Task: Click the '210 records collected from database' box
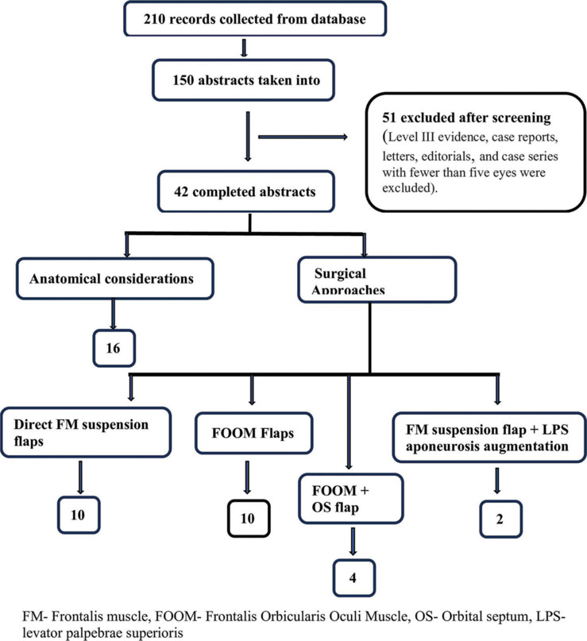pos(255,19)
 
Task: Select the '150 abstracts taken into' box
pos(244,80)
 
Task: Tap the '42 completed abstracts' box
pos(246,191)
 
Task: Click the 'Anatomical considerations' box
pos(115,278)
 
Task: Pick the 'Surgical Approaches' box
pos(377,280)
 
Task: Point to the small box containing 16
pos(114,348)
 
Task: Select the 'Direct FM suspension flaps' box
pos(86,432)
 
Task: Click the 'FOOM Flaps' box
pos(254,434)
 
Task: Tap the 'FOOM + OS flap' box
pos(351,499)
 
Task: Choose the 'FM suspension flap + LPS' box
pos(489,438)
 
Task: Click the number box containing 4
pos(354,577)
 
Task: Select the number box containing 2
pos(500,519)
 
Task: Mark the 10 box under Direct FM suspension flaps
pos(79,515)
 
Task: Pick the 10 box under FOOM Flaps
pos(249,518)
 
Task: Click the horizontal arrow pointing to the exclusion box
pos(303,137)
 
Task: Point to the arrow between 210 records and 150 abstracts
pos(244,48)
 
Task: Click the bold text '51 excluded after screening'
pos(466,118)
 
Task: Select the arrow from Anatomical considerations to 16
pos(114,315)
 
